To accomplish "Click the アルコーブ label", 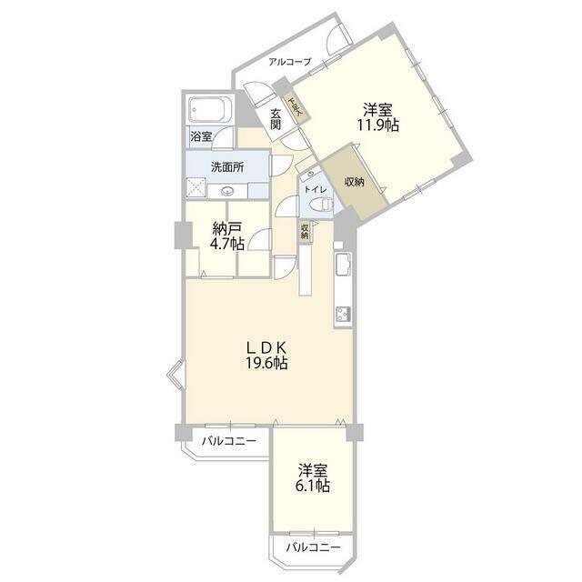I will [289, 62].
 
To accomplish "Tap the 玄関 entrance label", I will [276, 118].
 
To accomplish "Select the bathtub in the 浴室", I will [211, 114].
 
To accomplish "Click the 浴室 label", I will [201, 136].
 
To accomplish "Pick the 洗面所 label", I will [226, 167].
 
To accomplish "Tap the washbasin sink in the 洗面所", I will [227, 191].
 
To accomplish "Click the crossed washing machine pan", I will [196, 188].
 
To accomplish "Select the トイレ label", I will [315, 190].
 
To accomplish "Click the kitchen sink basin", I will [344, 266].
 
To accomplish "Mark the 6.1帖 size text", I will [313, 487].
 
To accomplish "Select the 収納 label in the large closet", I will [355, 182].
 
